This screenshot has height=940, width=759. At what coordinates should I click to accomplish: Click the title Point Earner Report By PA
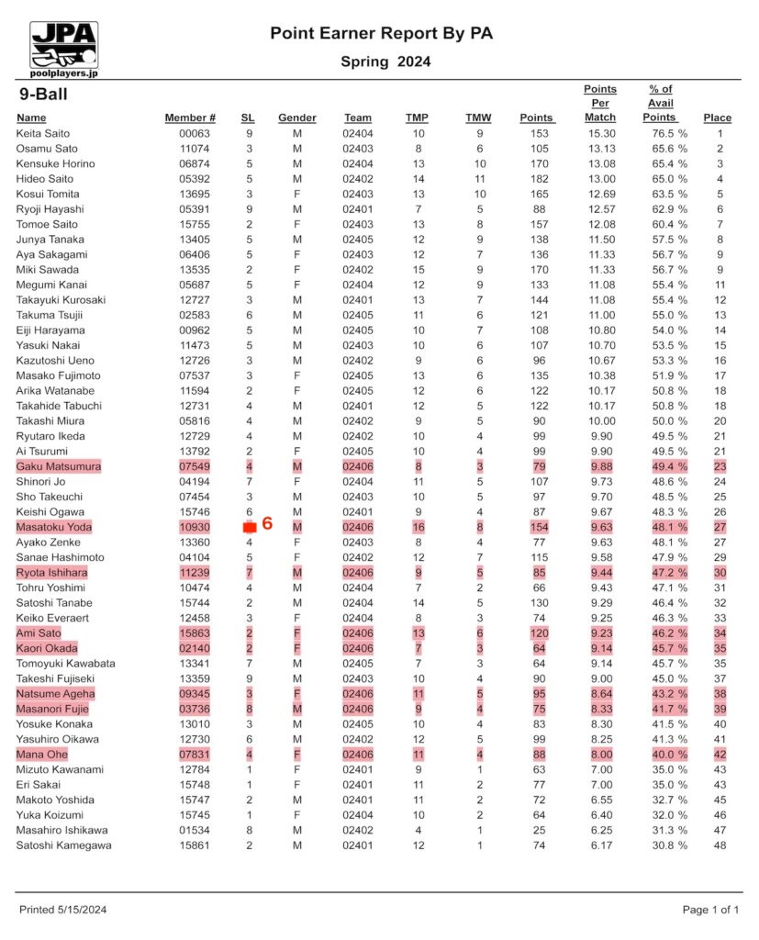coord(381,33)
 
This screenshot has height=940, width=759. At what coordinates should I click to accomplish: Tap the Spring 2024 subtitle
coord(385,62)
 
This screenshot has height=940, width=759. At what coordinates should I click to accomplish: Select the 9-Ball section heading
coord(43,94)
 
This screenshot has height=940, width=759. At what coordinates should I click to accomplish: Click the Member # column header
coord(190,117)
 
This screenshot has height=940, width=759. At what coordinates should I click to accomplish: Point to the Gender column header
coord(296,117)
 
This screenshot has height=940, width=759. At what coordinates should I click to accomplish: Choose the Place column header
coord(717,117)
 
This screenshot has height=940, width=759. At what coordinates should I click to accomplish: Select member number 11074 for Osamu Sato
coord(196,149)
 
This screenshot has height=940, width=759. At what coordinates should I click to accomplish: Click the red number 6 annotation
coord(267,524)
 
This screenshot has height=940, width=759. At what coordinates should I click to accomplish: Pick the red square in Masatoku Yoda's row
coord(249,527)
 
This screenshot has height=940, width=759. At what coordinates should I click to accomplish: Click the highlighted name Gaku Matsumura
coord(58,466)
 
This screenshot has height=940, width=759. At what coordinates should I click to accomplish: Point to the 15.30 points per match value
coord(601,133)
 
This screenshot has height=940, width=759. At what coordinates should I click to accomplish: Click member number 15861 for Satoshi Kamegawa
coord(196,845)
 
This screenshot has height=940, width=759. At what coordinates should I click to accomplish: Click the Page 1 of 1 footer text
coord(710,910)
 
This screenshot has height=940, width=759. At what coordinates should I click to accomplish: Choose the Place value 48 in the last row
coord(720,845)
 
